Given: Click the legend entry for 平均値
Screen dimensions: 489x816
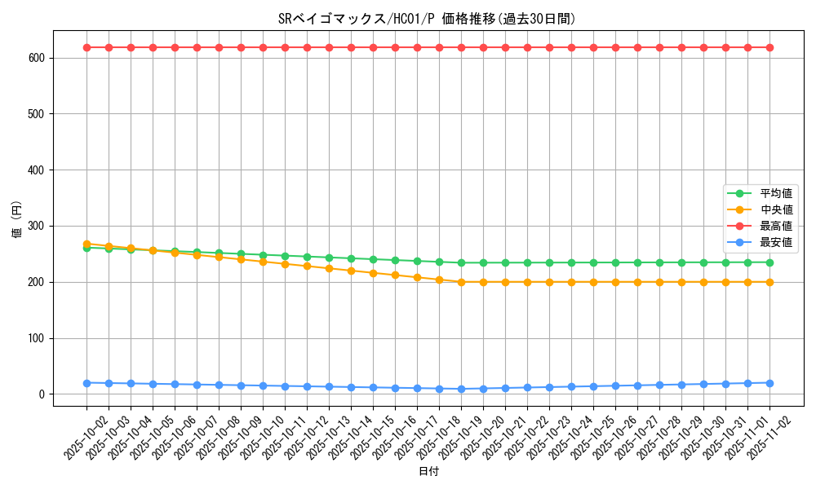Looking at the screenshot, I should coord(776,193).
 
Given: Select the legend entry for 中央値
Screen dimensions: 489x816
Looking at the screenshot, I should coord(776,209).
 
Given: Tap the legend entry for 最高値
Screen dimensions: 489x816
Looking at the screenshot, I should coord(776,226).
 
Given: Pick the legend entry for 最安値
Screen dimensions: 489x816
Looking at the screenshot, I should coord(776,242).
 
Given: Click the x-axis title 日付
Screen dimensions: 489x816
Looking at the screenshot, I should coord(428,472).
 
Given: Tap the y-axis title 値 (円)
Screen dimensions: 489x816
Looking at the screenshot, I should coord(17,221).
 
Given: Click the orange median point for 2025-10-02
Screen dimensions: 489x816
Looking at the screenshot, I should coord(86,244).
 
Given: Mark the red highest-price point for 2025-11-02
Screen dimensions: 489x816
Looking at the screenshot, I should coord(769,47).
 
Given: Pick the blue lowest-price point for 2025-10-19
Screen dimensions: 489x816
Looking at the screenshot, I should coord(461,389).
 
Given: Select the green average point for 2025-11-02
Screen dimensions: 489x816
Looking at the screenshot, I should coord(769,262).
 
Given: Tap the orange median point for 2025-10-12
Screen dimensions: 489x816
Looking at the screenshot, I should coord(307,266).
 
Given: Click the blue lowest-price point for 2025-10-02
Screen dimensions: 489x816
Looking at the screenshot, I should coord(86,383).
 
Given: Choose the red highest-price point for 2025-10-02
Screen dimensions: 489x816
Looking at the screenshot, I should coord(86,47).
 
